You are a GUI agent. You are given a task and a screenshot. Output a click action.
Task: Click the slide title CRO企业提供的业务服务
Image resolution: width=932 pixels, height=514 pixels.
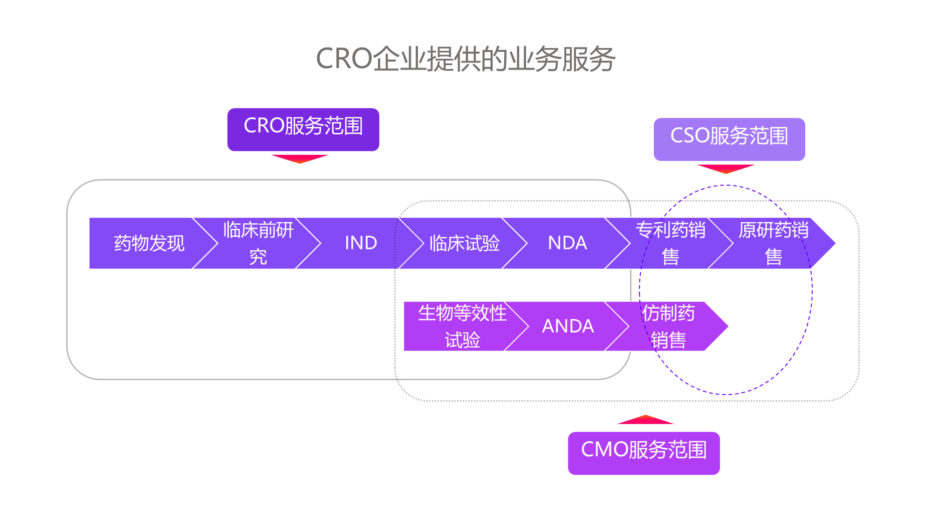pyautogui.click(x=466, y=59)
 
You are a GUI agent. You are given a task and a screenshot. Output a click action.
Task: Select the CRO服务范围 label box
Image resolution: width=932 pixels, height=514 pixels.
pyautogui.click(x=303, y=129)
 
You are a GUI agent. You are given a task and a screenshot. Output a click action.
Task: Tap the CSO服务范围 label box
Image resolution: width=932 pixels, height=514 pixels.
pyautogui.click(x=729, y=139)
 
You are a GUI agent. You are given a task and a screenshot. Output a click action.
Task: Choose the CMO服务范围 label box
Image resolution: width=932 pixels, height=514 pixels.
pyautogui.click(x=644, y=453)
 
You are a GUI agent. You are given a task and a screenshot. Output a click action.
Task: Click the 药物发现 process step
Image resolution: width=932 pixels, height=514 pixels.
pyautogui.click(x=149, y=243)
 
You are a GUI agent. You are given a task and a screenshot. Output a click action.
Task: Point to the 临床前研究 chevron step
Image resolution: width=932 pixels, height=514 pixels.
pyautogui.click(x=258, y=243)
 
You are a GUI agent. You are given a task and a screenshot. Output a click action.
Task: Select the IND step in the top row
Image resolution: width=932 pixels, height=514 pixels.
pyautogui.click(x=361, y=243)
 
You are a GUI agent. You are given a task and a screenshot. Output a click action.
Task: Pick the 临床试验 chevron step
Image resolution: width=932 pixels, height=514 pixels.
pyautogui.click(x=464, y=243)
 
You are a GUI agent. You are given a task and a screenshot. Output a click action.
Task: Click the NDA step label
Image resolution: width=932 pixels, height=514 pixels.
pyautogui.click(x=567, y=243)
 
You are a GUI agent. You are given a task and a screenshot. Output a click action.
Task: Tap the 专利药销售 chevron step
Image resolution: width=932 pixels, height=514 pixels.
pyautogui.click(x=671, y=243)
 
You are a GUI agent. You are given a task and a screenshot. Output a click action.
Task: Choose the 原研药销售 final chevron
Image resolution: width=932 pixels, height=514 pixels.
pyautogui.click(x=774, y=243)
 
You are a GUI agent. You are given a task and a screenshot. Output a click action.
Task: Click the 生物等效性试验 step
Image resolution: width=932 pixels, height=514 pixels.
pyautogui.click(x=462, y=326)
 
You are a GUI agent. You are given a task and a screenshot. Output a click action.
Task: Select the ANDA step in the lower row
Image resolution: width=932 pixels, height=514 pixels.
pyautogui.click(x=568, y=326)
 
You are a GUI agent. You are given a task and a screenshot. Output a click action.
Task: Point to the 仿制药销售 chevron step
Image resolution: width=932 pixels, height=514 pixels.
pyautogui.click(x=669, y=326)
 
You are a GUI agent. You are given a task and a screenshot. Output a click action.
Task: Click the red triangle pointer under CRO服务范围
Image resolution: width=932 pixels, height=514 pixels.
pyautogui.click(x=300, y=158)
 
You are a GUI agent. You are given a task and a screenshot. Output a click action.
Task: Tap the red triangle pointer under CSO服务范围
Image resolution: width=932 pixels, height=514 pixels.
pyautogui.click(x=726, y=168)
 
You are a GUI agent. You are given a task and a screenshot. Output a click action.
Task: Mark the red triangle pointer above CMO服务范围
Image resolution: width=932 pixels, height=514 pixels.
pyautogui.click(x=645, y=420)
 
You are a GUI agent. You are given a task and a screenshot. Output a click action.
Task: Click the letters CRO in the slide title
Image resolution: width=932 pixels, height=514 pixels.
pyautogui.click(x=344, y=59)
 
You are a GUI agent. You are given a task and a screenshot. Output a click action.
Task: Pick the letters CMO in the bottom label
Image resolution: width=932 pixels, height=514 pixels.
pyautogui.click(x=604, y=450)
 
